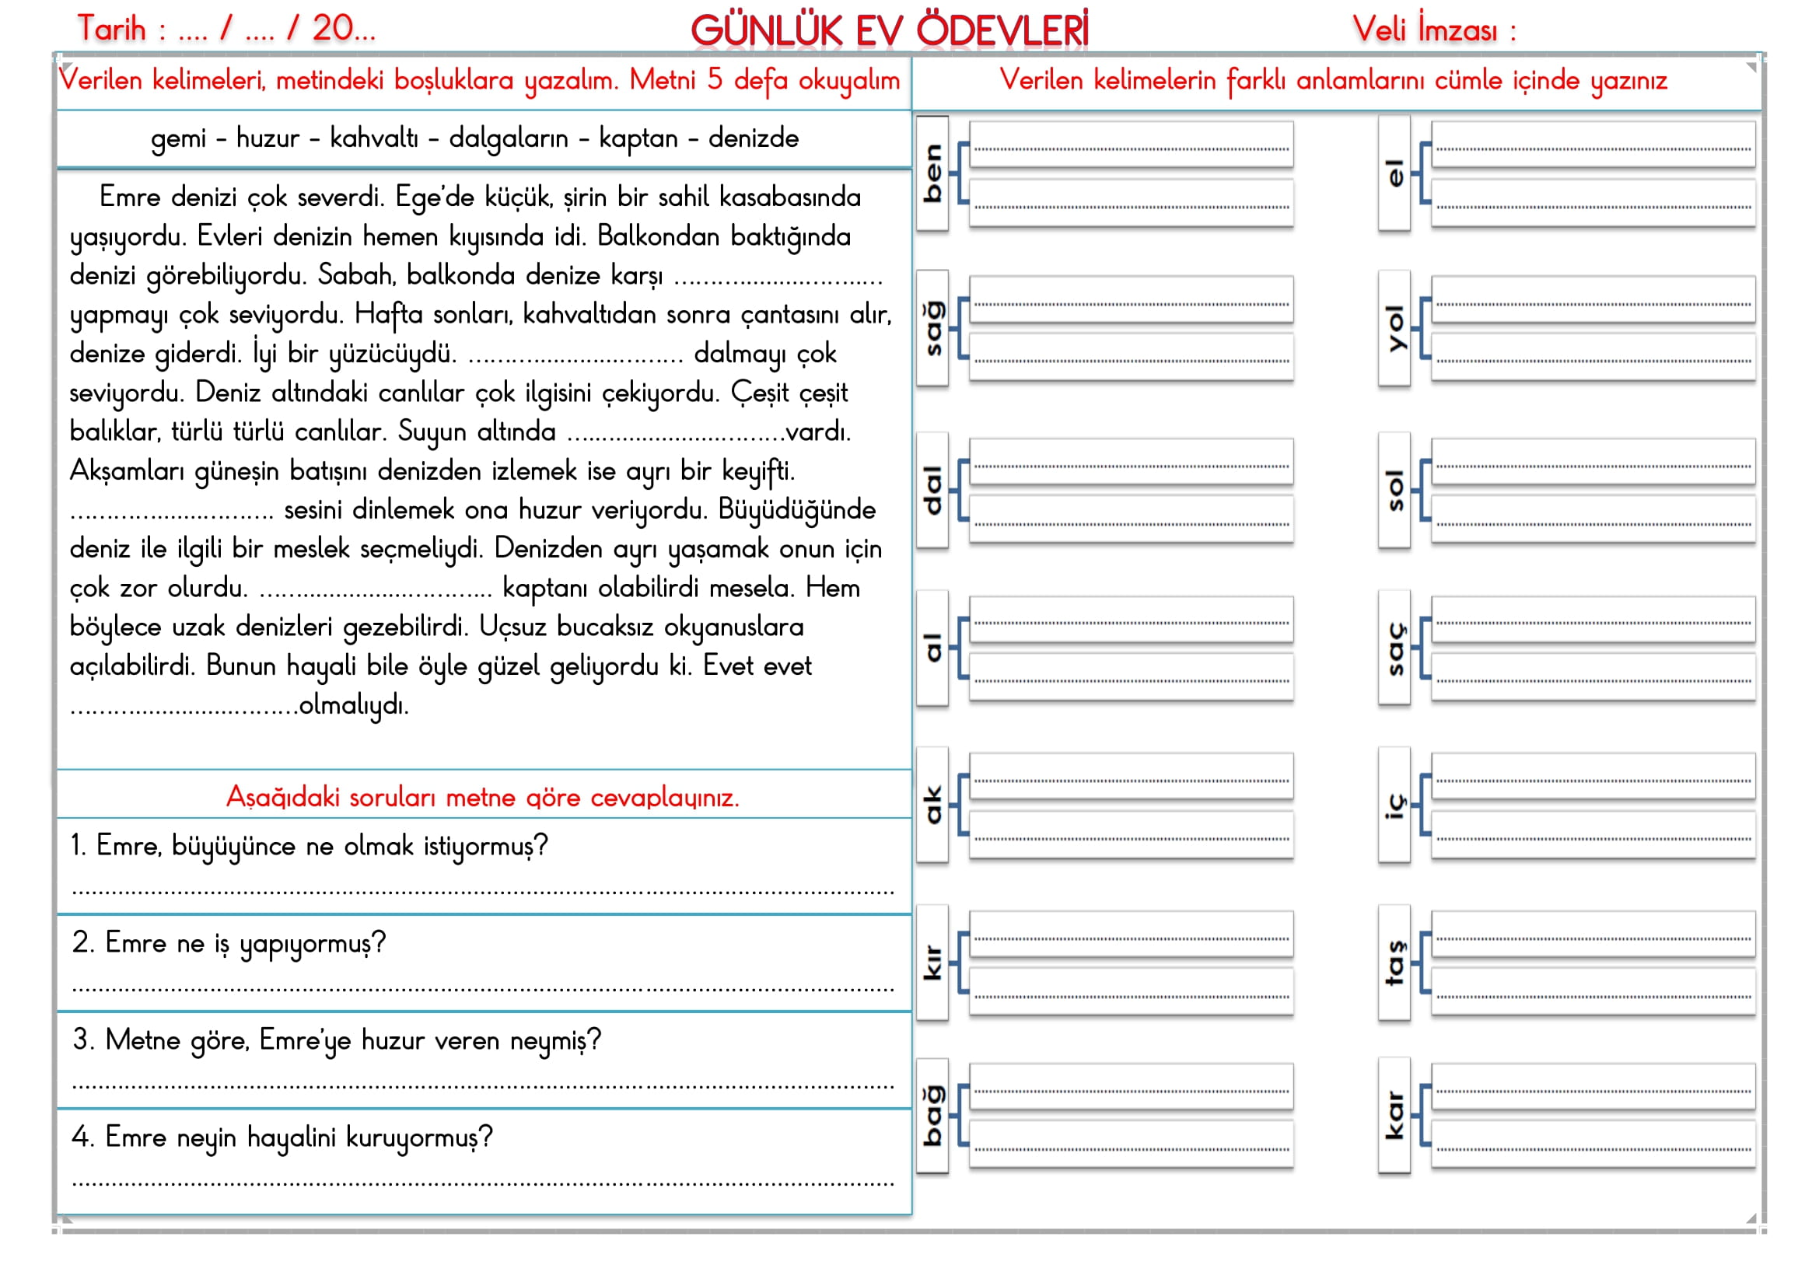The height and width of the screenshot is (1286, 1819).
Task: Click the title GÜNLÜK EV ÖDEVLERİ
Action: pos(889,31)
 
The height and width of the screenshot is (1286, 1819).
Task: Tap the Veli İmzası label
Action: pos(1433,30)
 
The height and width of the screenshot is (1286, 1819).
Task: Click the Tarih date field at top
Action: pos(226,30)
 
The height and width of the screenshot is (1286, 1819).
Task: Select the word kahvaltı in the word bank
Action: pos(374,138)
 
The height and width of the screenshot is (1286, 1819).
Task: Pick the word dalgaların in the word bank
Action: pos(509,138)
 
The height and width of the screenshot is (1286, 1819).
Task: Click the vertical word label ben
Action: pos(932,173)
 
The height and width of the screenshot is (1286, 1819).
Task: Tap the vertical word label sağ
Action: pos(932,329)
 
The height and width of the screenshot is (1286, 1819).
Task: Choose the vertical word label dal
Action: pos(932,490)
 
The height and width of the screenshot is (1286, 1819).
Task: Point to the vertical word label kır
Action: pos(932,963)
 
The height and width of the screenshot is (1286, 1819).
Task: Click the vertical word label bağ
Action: pos(932,1116)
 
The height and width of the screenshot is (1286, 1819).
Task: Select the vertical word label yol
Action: pos(1394,329)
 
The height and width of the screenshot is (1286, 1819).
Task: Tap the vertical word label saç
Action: pos(1394,648)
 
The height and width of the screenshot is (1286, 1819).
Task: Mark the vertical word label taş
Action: pos(1394,963)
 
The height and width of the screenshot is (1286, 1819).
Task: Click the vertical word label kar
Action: pos(1394,1116)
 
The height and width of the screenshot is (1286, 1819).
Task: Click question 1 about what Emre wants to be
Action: pos(309,846)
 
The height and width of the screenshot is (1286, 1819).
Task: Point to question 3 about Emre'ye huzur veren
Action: pos(337,1040)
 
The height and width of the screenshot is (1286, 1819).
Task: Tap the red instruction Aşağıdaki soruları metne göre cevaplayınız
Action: pos(482,797)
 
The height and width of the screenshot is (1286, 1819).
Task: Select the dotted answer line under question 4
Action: pos(482,1183)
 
